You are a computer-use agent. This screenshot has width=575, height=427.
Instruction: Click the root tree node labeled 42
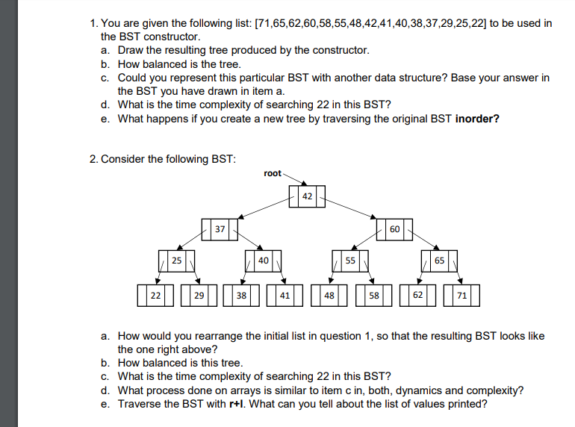pyautogui.click(x=307, y=196)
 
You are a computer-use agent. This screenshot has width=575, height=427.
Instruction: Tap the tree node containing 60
pyautogui.click(x=395, y=228)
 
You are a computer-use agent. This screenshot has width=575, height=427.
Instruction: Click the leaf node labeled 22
pyautogui.click(x=155, y=295)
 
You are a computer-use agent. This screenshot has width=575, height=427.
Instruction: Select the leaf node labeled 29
pyautogui.click(x=199, y=295)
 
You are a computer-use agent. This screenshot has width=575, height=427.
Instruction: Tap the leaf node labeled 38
pyautogui.click(x=241, y=295)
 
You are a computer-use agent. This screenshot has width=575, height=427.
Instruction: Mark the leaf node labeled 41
pyautogui.click(x=285, y=295)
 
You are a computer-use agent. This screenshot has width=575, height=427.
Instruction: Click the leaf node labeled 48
pyautogui.click(x=329, y=295)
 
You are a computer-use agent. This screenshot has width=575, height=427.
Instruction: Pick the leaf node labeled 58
pyautogui.click(x=374, y=295)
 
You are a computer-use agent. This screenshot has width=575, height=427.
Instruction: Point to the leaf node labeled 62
pyautogui.click(x=417, y=295)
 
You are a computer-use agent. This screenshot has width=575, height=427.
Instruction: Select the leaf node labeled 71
pyautogui.click(x=461, y=295)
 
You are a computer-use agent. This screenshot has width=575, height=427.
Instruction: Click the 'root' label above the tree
pyautogui.click(x=273, y=173)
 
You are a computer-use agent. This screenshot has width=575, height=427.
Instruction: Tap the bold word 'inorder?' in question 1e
pyautogui.click(x=477, y=118)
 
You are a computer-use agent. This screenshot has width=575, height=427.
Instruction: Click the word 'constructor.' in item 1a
pyautogui.click(x=338, y=50)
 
